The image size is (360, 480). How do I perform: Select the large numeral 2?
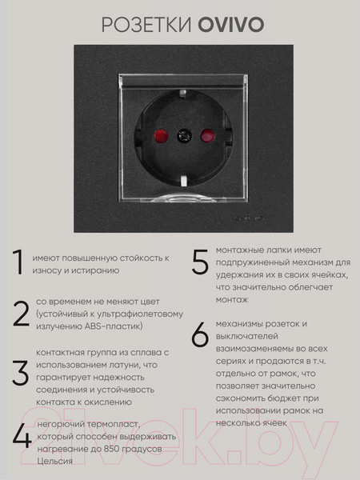20,314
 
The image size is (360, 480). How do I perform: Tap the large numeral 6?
200,335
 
